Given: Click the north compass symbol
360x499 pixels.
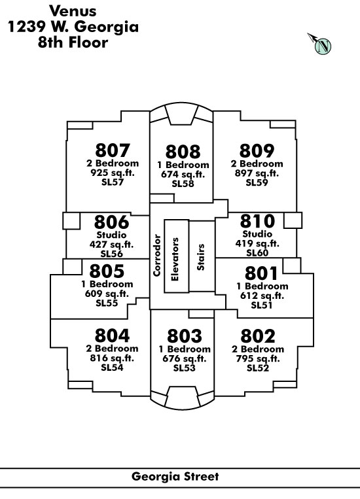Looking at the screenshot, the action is pyautogui.click(x=319, y=44).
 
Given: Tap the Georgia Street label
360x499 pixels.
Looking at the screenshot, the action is pyautogui.click(x=175, y=476).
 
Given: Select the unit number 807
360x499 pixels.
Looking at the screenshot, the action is pyautogui.click(x=113, y=150).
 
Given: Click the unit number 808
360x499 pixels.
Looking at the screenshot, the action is pyautogui.click(x=183, y=152).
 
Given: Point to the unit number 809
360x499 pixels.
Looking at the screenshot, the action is pyautogui.click(x=257, y=151).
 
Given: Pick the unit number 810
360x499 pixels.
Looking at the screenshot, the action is pyautogui.click(x=257, y=221).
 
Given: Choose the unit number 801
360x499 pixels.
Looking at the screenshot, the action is pyautogui.click(x=262, y=273).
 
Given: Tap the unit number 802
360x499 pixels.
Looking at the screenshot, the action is pyautogui.click(x=258, y=336).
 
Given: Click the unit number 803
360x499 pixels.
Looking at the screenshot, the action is pyautogui.click(x=185, y=336).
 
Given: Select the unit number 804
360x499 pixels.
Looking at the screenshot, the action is pyautogui.click(x=112, y=335).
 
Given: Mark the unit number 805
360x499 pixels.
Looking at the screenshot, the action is pyautogui.click(x=107, y=271).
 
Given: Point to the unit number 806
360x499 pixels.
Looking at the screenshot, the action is pyautogui.click(x=111, y=222).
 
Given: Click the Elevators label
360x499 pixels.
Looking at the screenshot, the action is pyautogui.click(x=175, y=259).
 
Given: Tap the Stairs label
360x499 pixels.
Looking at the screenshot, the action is pyautogui.click(x=200, y=257).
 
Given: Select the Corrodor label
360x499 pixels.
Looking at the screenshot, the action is pyautogui.click(x=156, y=255).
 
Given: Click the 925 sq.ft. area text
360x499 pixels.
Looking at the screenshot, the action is pyautogui.click(x=113, y=173).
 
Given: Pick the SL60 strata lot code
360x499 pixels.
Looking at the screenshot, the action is pyautogui.click(x=257, y=252).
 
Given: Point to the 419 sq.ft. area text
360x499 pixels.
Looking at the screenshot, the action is pyautogui.click(x=257, y=243).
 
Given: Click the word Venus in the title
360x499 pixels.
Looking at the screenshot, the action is pyautogui.click(x=73, y=11).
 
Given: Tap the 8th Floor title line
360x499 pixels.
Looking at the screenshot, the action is pyautogui.click(x=73, y=43).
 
